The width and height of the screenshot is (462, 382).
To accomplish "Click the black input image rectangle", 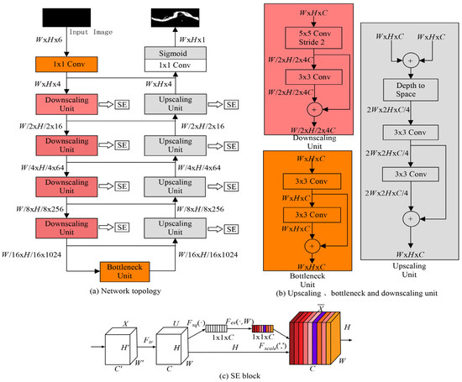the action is pos(66,18).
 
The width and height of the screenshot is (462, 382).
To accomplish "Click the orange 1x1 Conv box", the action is pos(66,64).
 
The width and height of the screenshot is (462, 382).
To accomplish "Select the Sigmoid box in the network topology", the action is pos(176,53).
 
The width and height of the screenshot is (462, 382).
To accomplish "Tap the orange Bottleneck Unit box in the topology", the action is pos(124,271).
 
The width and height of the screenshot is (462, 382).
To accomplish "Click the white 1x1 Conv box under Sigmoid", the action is pos(176,65).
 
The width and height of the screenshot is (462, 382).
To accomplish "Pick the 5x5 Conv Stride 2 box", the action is pos(313,38).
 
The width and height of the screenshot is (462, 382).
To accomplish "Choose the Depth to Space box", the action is pos(411,90).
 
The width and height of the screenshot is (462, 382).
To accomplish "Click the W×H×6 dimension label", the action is pos(49,39).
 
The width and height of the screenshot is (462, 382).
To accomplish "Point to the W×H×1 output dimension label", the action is pos(192,39).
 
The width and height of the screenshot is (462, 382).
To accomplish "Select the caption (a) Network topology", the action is pos(125,291).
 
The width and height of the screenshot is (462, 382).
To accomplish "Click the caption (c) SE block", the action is pos(240,376).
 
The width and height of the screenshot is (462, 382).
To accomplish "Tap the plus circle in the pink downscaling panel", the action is pos(314,110).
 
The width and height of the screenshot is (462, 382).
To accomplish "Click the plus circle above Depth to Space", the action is pos(411,60).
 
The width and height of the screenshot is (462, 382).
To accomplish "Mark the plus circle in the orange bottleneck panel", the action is pos(312,246).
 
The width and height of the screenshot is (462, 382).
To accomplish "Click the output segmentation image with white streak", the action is pos(175,18).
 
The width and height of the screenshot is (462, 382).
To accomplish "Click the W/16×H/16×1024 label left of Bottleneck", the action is pos(31,254).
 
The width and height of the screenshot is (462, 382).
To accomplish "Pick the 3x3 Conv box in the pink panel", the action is pos(314,77).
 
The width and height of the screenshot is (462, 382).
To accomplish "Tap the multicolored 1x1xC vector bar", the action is pos(263,329).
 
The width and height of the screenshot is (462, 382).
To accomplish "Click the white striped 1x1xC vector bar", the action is pos(216,328).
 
